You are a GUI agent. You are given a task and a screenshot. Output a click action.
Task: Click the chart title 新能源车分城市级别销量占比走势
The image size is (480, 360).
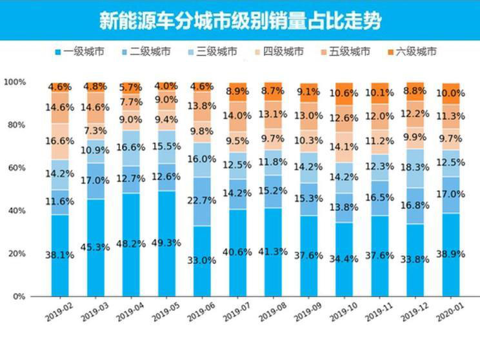pyautogui.click(x=239, y=21)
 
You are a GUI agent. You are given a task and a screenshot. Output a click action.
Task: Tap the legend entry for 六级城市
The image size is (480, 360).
pyautogui.click(x=412, y=52)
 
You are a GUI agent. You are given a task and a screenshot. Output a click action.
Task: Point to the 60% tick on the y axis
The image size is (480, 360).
pyautogui.click(x=14, y=168)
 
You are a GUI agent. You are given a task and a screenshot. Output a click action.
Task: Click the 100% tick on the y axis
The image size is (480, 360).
pyautogui.click(x=14, y=82)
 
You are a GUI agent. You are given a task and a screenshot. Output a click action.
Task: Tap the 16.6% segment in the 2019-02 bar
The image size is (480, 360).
pyautogui.click(x=60, y=141)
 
